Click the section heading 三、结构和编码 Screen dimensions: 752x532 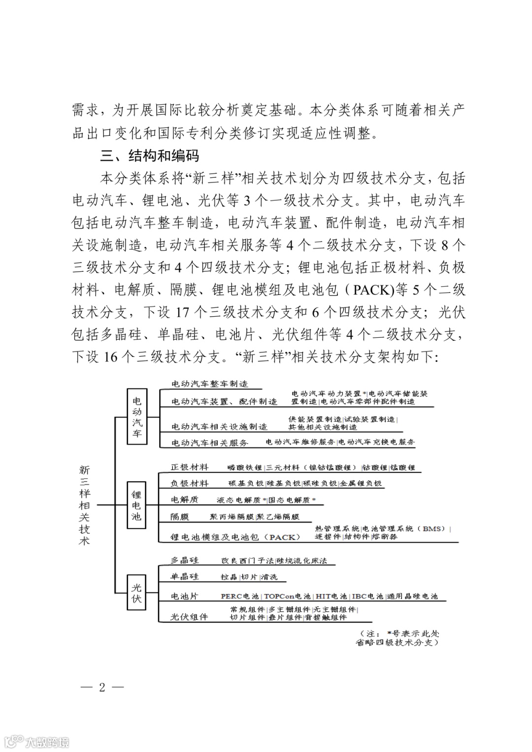(x=150, y=156)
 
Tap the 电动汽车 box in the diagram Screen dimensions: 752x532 (x=137, y=416)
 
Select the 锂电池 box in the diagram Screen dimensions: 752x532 (x=136, y=506)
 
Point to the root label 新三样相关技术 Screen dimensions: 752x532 (x=85, y=505)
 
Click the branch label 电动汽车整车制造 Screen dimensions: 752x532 (x=209, y=384)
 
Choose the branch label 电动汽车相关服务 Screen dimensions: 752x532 (x=209, y=442)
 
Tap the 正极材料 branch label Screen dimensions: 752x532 (x=189, y=467)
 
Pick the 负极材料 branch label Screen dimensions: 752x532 (x=189, y=483)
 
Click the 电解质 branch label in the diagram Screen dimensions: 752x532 (x=184, y=499)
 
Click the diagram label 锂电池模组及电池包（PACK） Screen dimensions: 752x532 (x=235, y=536)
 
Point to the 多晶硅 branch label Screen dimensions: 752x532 (x=184, y=560)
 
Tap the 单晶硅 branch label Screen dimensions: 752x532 (x=184, y=576)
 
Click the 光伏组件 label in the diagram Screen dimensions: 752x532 (x=189, y=616)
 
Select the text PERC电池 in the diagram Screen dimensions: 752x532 (x=239, y=596)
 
